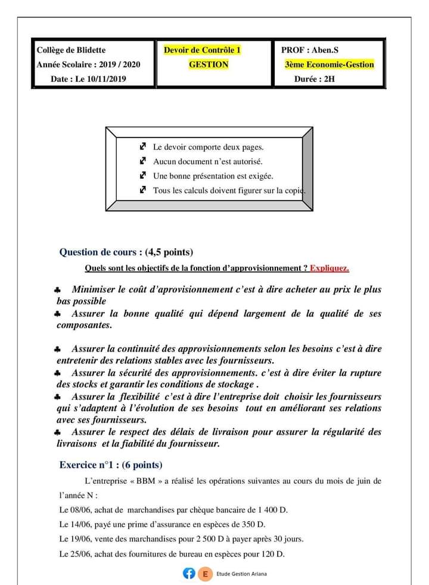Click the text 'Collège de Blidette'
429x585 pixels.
click(x=71, y=50)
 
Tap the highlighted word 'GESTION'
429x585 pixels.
click(x=209, y=64)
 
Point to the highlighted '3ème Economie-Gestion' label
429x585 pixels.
click(x=329, y=64)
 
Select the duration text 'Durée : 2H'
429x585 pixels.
click(x=315, y=79)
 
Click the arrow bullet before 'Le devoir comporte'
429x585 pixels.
click(x=142, y=146)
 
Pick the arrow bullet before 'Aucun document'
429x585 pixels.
click(x=142, y=161)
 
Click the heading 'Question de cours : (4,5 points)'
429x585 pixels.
click(x=126, y=252)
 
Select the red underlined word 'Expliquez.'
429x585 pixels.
click(x=329, y=268)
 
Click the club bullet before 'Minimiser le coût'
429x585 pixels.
click(x=57, y=290)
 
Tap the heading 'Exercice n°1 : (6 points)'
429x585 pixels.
click(x=111, y=465)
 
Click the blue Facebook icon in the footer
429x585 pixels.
click(x=189, y=574)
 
